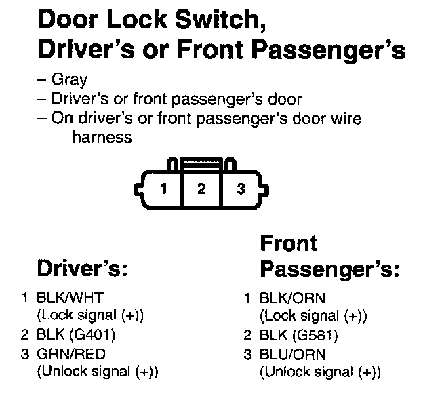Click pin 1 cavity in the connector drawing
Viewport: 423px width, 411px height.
163,189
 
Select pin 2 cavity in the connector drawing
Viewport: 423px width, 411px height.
201,189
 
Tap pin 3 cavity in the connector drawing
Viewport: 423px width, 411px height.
240,189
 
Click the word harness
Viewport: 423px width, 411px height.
101,138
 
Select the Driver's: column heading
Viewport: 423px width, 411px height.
82,269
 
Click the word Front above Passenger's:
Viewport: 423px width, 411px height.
289,243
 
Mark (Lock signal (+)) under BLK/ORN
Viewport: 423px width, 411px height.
313,315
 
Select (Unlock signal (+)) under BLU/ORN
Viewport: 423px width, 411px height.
320,372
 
